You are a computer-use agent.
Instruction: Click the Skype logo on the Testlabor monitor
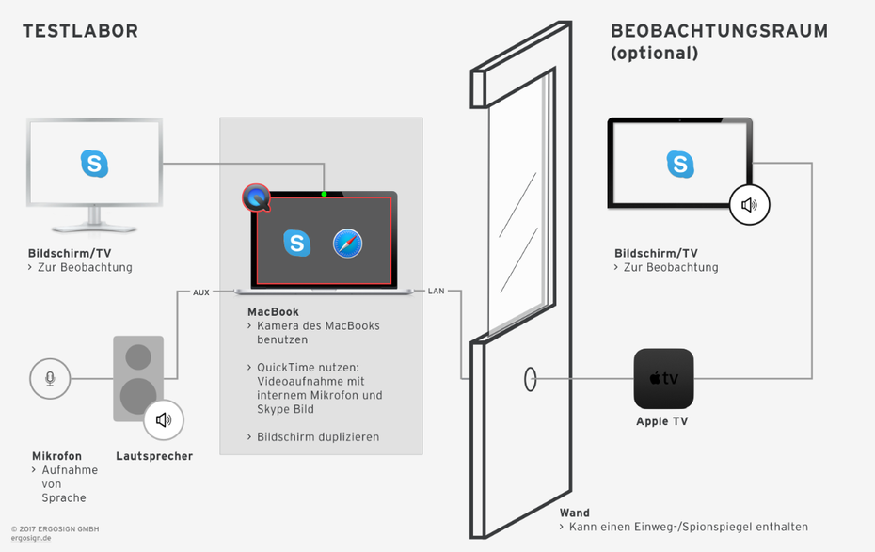pos(94,164)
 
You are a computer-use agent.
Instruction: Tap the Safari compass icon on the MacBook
pos(348,244)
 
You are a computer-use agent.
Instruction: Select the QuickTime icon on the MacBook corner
pos(256,197)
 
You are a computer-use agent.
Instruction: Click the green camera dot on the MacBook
pos(325,194)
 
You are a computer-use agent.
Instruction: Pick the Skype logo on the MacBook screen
pos(297,244)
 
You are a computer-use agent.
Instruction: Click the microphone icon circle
pos(50,379)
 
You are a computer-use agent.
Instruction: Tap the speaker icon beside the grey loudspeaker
pos(164,419)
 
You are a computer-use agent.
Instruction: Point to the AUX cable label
pos(201,292)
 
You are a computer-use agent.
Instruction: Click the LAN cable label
pos(436,291)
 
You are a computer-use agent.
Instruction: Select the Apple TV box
pos(663,379)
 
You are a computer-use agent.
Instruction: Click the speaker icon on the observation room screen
pos(750,205)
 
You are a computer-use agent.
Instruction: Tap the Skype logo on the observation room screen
pos(680,164)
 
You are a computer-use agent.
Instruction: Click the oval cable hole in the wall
pos(530,379)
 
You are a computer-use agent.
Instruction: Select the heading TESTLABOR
pos(80,31)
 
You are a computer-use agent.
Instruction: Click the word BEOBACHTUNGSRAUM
pos(720,31)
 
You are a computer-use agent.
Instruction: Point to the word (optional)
pos(655,53)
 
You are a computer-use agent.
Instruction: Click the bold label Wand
pos(575,513)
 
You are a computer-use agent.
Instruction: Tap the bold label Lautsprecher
pos(154,456)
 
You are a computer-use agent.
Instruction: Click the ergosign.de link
pos(31,538)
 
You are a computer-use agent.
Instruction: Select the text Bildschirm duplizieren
pos(318,437)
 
